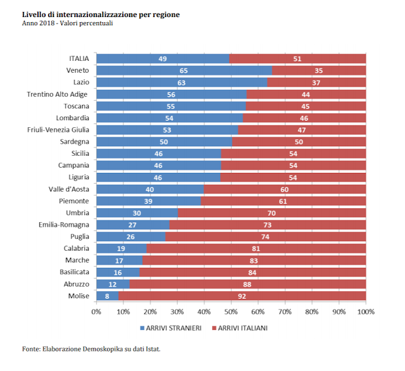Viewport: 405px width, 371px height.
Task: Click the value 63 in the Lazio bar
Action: (181, 82)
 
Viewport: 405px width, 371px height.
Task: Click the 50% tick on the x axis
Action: (231, 311)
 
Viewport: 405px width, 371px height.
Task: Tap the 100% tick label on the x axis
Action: (366, 311)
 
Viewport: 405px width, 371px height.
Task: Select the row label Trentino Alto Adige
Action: (58, 94)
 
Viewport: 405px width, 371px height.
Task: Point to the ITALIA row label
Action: (78, 59)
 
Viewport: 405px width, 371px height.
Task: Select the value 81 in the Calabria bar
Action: (256, 248)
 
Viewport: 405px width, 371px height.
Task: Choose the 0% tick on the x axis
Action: (96, 311)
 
